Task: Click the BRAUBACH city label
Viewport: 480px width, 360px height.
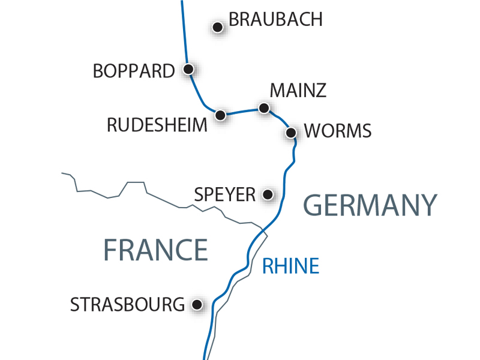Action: click(x=276, y=19)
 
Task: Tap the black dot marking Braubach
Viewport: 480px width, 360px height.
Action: click(x=218, y=27)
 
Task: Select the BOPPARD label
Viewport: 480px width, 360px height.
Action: click(x=133, y=71)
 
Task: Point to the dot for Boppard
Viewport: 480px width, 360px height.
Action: click(x=188, y=69)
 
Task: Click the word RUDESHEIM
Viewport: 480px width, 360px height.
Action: click(x=157, y=125)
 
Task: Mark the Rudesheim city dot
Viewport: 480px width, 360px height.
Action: click(x=221, y=115)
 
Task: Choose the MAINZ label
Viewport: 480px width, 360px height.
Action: click(x=298, y=91)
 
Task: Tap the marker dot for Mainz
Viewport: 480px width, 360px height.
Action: click(x=263, y=108)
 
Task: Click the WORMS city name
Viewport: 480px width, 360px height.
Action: click(x=338, y=131)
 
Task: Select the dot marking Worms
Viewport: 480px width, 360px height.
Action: click(x=291, y=132)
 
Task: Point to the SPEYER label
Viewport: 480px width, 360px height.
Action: click(x=225, y=194)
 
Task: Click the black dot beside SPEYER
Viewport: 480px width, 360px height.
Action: click(x=268, y=194)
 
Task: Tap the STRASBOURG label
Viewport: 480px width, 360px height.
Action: click(x=127, y=304)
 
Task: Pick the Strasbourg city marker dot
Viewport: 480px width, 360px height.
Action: click(x=196, y=305)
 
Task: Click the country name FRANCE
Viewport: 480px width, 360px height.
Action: click(x=155, y=249)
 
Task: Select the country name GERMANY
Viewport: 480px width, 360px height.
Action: click(x=370, y=206)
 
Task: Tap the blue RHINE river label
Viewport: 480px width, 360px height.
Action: click(x=290, y=266)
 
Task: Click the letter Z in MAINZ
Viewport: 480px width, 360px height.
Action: click(x=320, y=91)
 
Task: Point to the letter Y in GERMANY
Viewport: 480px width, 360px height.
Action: click(x=426, y=206)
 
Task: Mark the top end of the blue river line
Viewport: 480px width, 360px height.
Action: click(x=182, y=2)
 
